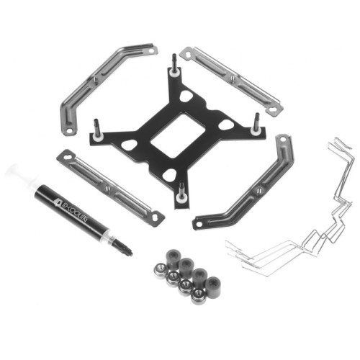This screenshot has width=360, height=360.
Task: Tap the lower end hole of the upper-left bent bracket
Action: pyautogui.click(x=68, y=131)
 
